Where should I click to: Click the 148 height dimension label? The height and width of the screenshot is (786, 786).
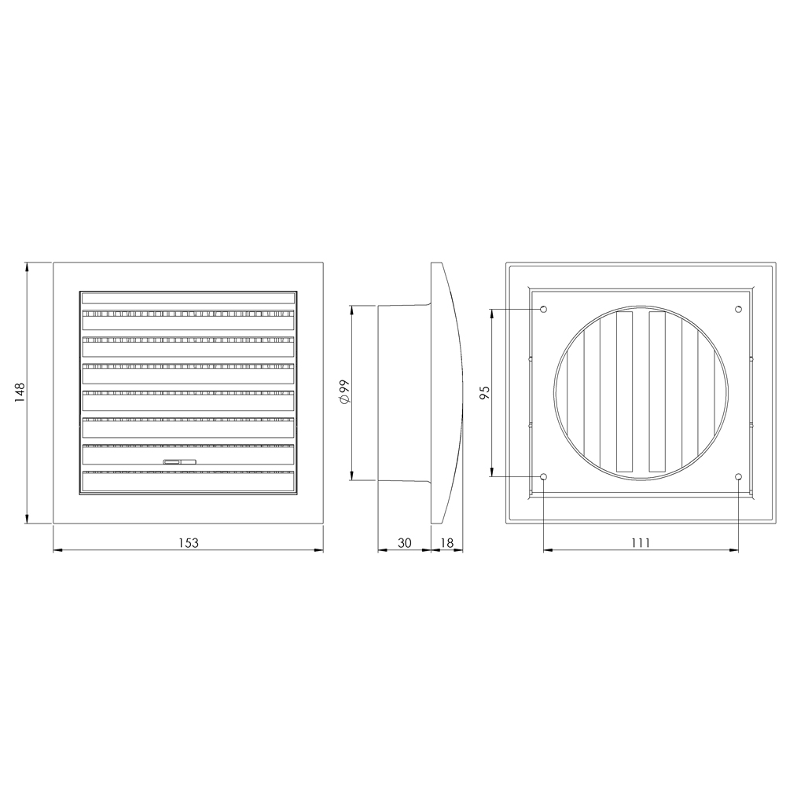coord(20,392)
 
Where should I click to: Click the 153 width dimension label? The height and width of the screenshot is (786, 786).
coord(189,543)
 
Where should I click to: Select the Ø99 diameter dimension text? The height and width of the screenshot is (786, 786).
coord(344,392)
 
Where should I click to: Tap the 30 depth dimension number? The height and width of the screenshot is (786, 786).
coord(405,543)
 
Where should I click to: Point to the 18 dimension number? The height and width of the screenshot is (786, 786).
coord(446,543)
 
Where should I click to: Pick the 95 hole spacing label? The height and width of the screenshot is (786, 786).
coord(485,392)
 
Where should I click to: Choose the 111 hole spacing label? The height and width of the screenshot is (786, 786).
coord(641,543)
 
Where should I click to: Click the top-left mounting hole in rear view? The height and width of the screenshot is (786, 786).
coord(544,309)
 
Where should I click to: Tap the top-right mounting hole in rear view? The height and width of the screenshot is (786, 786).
coord(738,309)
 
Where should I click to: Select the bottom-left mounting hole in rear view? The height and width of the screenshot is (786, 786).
coord(544,476)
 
